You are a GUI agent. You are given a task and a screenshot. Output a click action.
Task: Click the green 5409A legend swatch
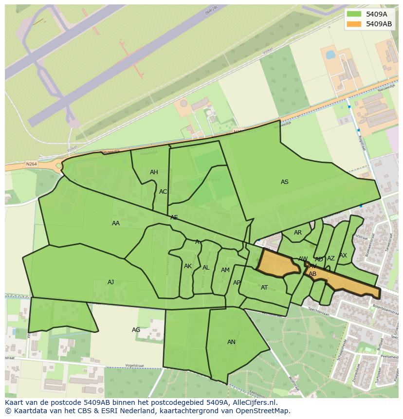[354, 14]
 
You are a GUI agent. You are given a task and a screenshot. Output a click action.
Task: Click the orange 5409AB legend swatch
[354, 24]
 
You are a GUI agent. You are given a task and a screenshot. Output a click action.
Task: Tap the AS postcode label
[285, 182]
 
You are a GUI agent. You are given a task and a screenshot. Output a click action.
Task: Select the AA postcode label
[116, 223]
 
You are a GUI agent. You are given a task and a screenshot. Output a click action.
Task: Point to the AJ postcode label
[111, 282]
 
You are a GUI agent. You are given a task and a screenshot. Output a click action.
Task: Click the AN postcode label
[231, 342]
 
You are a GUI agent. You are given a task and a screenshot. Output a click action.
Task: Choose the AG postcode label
[136, 330]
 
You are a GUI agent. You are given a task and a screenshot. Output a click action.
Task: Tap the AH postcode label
[154, 172]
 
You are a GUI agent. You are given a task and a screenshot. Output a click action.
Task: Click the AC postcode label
[163, 192]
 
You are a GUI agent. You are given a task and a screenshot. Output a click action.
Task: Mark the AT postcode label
[264, 288]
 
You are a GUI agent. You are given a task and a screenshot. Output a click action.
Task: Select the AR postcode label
[298, 233]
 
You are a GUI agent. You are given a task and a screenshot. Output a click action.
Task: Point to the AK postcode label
[188, 266]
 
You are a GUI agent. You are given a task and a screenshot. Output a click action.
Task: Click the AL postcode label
[206, 268]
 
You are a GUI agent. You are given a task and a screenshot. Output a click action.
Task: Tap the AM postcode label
[225, 270]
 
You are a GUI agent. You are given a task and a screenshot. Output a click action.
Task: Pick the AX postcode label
[343, 255]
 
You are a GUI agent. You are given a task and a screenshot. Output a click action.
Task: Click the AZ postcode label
[331, 258]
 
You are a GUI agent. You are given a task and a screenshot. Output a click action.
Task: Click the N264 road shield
[31, 164]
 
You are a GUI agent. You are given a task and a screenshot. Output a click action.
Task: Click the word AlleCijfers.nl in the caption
[254, 402]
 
